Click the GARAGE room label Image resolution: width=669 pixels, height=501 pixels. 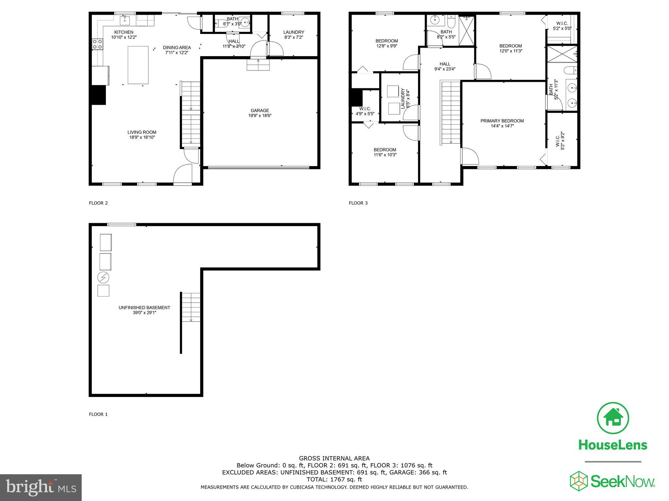coord(260,111)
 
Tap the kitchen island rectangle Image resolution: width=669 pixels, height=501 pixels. coord(138,65)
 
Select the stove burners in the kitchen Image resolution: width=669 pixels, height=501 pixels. coord(97,44)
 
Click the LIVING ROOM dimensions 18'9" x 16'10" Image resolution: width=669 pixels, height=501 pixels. coord(142,138)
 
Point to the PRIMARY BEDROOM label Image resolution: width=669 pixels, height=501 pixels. coord(502,121)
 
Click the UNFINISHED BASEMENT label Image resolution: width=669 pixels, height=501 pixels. coord(144,308)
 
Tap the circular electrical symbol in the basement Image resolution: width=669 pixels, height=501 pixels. coord(103,278)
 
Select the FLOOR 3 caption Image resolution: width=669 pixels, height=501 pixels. coord(358,203)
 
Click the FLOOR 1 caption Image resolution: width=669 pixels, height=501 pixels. coord(98,415)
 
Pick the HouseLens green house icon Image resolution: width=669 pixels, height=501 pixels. coord(613,418)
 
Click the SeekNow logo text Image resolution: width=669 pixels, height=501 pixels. coord(623,482)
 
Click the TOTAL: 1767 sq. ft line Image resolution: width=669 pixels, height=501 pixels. coord(334,479)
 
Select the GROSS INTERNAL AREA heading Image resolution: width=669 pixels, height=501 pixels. coord(334,458)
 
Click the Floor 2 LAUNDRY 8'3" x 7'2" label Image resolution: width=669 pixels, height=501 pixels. coord(294,35)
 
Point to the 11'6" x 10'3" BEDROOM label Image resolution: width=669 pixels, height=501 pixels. coord(385,152)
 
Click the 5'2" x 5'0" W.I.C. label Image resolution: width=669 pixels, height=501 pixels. coord(562,26)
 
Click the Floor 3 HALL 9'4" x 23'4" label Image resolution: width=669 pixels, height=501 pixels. coord(445,67)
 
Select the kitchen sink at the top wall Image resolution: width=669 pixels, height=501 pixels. coord(125,21)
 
